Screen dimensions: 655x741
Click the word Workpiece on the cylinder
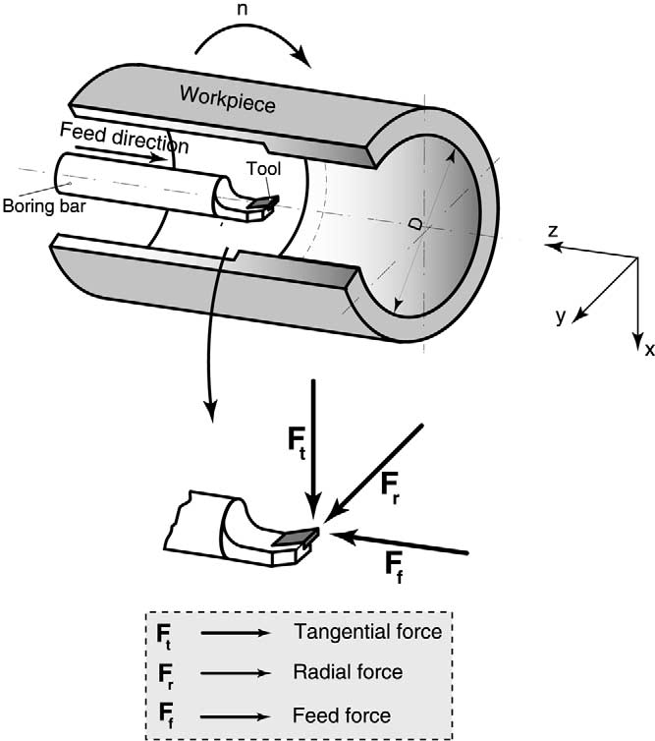point(227,99)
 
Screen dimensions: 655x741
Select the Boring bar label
point(44,206)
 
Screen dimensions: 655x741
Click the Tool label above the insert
point(264,169)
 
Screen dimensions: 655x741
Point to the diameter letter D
point(415,223)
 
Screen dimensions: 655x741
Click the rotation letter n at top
point(242,9)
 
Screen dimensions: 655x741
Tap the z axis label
point(553,231)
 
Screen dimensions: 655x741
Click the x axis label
point(649,350)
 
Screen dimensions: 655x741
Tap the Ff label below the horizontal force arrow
point(395,568)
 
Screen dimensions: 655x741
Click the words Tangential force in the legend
point(368,631)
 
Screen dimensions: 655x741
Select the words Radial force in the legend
point(348,672)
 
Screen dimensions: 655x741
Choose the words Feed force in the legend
point(342,715)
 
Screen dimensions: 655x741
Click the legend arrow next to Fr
point(236,673)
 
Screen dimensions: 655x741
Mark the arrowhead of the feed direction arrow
point(159,158)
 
